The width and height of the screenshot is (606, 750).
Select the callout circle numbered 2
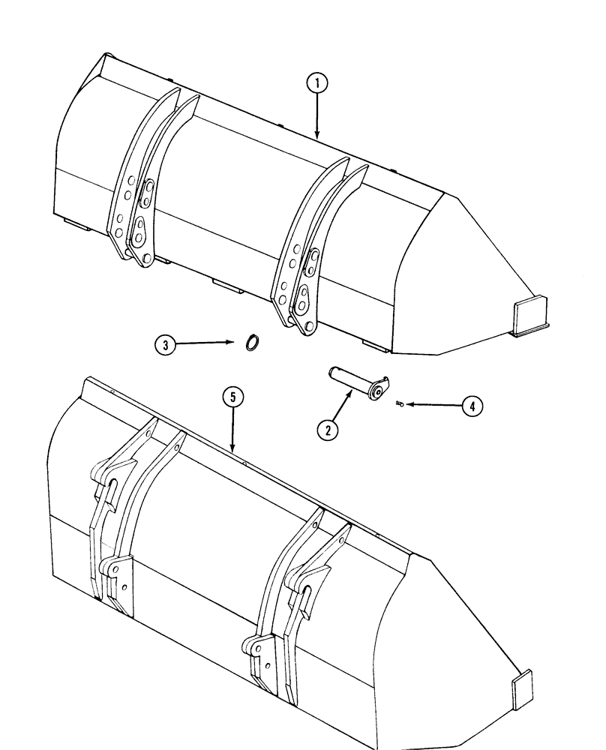[328, 430]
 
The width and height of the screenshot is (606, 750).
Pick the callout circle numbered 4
[471, 406]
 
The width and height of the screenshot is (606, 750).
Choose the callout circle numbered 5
[234, 397]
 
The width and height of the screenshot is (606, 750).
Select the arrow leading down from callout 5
[234, 430]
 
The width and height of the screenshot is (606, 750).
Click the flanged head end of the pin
[380, 386]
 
